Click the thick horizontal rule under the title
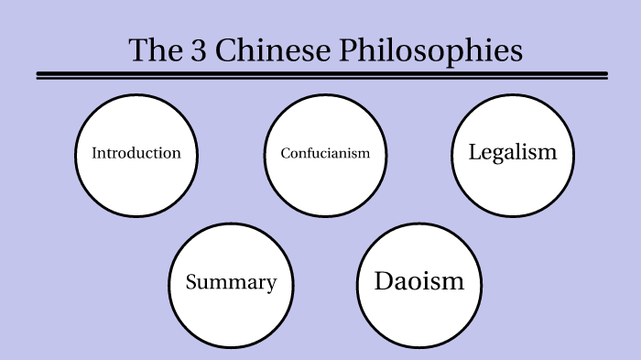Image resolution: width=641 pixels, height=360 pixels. click(x=321, y=73)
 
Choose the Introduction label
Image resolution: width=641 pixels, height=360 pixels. click(x=136, y=153)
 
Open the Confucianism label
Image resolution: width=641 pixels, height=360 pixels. click(x=325, y=153)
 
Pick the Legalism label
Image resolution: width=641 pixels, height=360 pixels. click(x=513, y=152)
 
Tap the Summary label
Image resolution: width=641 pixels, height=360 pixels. click(x=231, y=282)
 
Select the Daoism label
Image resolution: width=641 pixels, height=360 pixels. click(x=419, y=281)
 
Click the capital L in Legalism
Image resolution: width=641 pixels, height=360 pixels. click(x=474, y=152)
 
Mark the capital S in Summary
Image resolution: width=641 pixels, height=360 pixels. click(x=191, y=282)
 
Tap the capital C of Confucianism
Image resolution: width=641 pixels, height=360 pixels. click(x=286, y=153)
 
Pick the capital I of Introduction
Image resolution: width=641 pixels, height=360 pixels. click(x=94, y=153)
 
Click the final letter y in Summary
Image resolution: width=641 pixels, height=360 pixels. click(x=271, y=284)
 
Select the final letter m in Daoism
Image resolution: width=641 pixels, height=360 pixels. click(x=453, y=282)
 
